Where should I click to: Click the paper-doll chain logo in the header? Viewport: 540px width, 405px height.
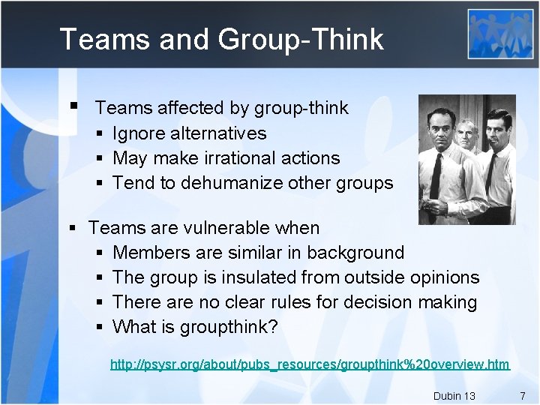click(x=500, y=34)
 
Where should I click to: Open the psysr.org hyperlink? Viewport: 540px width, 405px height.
click(x=310, y=364)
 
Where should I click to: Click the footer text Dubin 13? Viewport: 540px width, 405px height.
click(x=454, y=395)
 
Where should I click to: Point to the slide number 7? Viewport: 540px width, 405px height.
click(x=522, y=395)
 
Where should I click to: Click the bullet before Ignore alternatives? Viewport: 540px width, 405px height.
click(x=100, y=134)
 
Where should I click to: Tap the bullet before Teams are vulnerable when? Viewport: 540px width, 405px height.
click(x=73, y=228)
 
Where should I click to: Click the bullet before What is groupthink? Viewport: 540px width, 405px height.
click(x=100, y=328)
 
